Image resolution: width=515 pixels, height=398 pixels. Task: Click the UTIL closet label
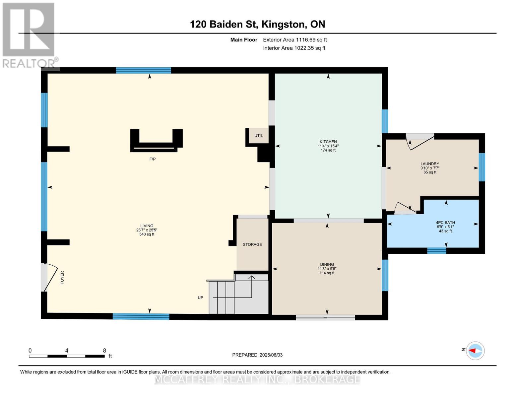point(258,136)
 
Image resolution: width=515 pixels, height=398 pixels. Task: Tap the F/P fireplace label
point(153,159)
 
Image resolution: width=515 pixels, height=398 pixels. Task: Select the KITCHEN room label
point(328,142)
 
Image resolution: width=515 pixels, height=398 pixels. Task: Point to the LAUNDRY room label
point(430,164)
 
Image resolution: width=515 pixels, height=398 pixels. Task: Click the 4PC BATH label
point(445,222)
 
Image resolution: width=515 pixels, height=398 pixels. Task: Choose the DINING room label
point(327,264)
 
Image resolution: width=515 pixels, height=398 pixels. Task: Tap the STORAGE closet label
point(252,244)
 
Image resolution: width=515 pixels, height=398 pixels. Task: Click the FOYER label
point(62,278)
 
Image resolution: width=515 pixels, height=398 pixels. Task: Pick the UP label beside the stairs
point(201,298)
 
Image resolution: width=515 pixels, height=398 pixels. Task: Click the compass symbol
point(475,351)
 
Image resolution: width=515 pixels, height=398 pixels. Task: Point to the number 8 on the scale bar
point(104,350)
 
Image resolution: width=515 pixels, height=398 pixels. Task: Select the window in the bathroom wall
point(436,251)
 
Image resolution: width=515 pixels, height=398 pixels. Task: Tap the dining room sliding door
point(325,317)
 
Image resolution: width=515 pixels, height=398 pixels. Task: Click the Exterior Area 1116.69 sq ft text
point(295,40)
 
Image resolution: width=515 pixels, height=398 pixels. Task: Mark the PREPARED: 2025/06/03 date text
point(257,355)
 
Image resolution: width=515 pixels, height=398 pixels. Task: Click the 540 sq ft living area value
point(147,234)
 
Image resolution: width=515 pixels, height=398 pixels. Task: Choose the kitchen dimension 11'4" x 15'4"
point(328,146)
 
